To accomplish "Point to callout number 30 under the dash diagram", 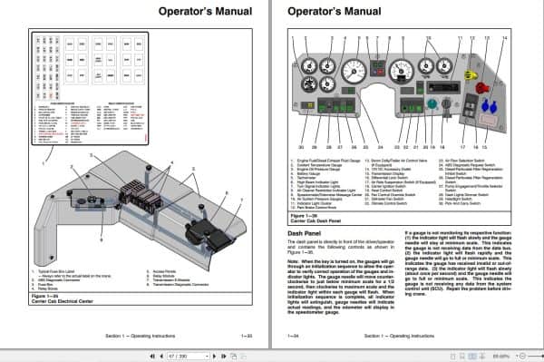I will (x=301, y=146).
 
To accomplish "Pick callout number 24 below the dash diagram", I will (x=382, y=146).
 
